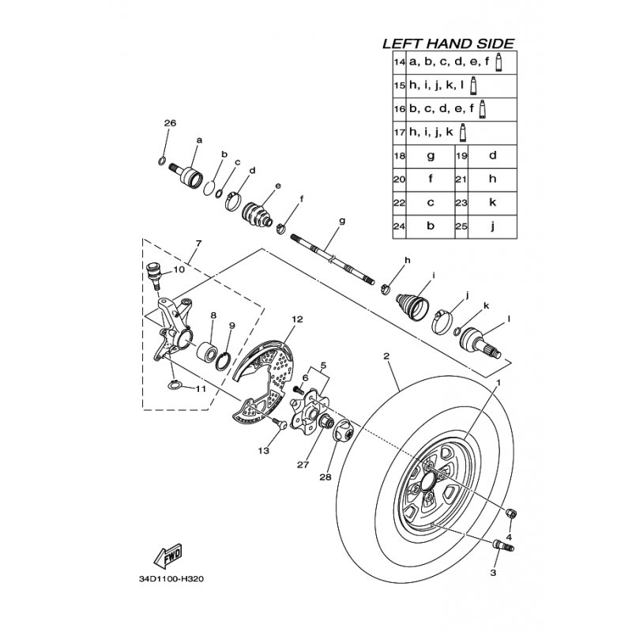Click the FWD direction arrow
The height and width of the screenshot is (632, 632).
tap(168, 555)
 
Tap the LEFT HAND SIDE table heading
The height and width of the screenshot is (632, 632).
tap(448, 43)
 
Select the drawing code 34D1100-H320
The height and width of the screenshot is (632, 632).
tap(171, 579)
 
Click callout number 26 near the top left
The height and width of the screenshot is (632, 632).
tap(170, 122)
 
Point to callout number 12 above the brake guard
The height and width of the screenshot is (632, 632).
tap(297, 319)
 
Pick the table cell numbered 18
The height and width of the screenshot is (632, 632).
tap(400, 156)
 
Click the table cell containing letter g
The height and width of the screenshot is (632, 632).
tap(431, 156)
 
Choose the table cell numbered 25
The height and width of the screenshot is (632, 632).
tap(461, 226)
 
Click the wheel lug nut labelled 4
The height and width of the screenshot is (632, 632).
tap(511, 513)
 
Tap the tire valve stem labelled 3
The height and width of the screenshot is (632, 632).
tap(503, 545)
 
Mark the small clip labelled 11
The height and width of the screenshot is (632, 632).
tap(174, 386)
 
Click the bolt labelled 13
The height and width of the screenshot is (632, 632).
tap(279, 423)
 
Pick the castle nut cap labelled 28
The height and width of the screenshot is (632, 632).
tap(343, 431)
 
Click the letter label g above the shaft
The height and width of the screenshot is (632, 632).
tap(342, 221)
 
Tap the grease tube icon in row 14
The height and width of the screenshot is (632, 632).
tap(498, 62)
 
